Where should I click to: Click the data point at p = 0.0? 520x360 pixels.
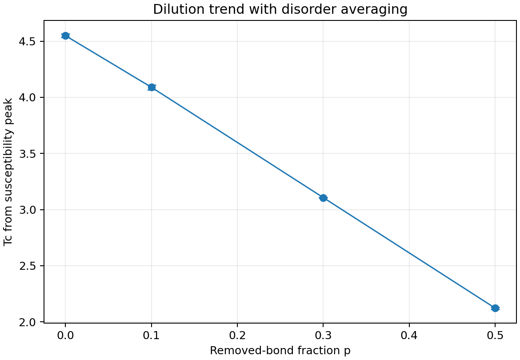tap(65, 36)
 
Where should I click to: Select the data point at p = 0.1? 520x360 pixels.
tap(152, 87)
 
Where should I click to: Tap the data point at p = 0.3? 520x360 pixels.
tap(323, 198)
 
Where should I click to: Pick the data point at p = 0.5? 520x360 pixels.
tap(495, 308)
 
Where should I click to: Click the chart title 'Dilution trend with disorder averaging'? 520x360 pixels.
tap(280, 10)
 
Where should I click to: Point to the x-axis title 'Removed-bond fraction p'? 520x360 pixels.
tap(280, 351)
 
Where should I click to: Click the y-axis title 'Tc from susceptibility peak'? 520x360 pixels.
tap(8, 172)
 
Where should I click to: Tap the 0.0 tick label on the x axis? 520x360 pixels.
tap(65, 334)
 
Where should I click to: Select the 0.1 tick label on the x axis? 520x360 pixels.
tap(152, 334)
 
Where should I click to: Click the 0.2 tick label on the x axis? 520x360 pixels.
tap(237, 334)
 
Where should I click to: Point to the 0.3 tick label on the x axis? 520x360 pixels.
tap(323, 334)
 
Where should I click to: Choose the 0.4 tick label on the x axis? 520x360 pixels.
tap(409, 334)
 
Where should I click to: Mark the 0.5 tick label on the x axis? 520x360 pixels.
tap(495, 334)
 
